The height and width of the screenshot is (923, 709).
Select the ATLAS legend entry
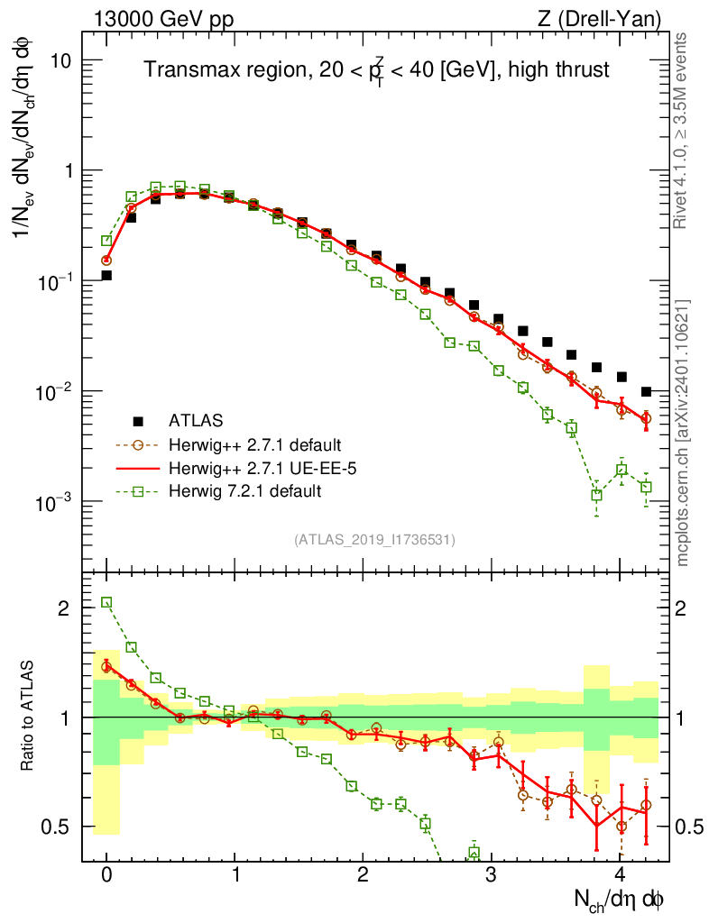(193, 420)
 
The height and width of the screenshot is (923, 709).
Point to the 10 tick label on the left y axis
(60, 60)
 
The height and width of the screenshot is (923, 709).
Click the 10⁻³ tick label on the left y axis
(53, 502)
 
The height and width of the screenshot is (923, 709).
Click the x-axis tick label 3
(491, 875)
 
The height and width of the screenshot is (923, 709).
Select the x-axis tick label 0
(106, 875)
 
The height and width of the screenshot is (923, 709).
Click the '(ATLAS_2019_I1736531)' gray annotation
(374, 540)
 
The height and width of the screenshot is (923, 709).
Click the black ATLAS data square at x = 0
(106, 276)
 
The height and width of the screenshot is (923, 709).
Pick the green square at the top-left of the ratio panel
(106, 602)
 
